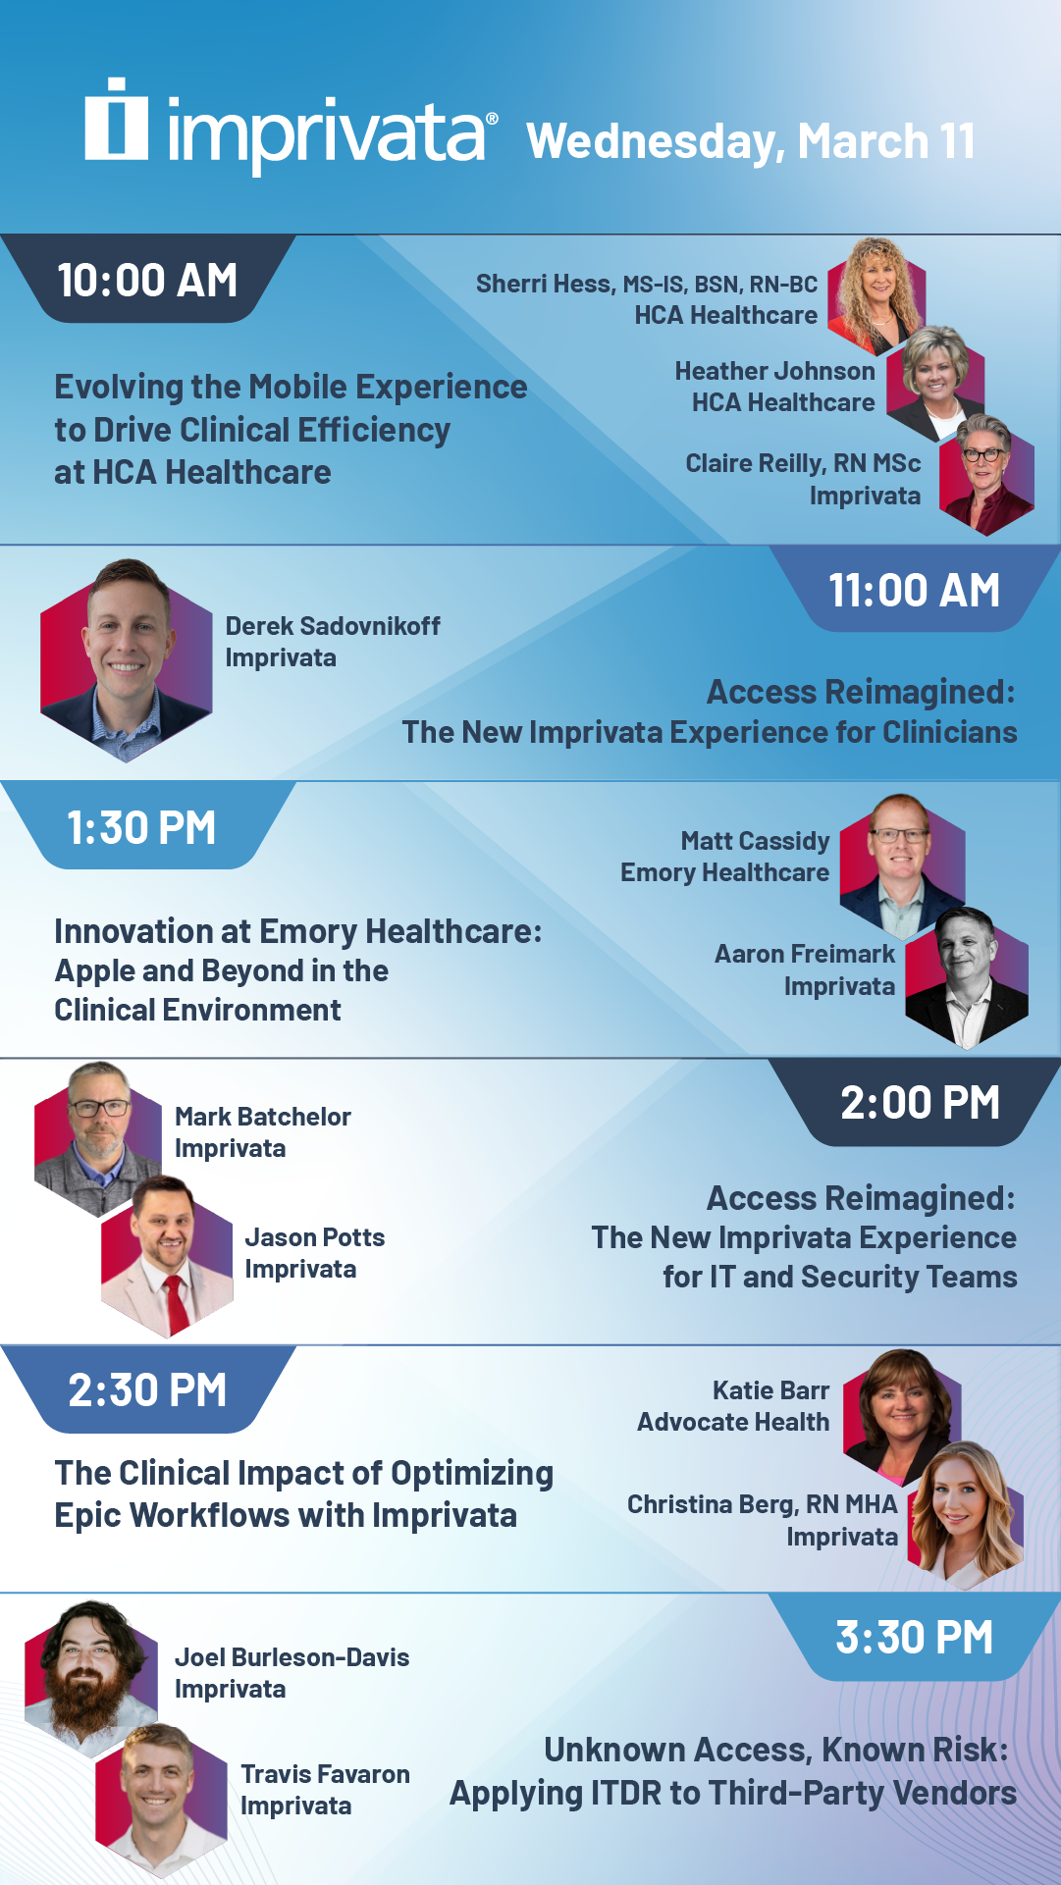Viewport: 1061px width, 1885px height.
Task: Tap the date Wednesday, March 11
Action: tap(751, 141)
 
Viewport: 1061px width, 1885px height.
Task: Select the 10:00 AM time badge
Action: tap(147, 280)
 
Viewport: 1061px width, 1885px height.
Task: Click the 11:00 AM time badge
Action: tap(914, 590)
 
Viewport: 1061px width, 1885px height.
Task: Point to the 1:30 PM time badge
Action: tap(141, 827)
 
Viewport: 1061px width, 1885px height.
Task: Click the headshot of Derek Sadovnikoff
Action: tap(126, 660)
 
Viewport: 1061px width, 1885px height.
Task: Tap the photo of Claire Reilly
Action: tap(985, 475)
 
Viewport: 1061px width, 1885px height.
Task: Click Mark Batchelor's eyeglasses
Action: tap(99, 1108)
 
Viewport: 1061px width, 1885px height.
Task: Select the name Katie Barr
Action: tap(770, 1390)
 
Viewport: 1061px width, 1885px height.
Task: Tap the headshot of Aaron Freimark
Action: tap(967, 978)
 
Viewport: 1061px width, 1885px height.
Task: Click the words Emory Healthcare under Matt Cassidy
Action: tap(724, 872)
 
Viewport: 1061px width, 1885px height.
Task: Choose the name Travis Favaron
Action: tap(325, 1774)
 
